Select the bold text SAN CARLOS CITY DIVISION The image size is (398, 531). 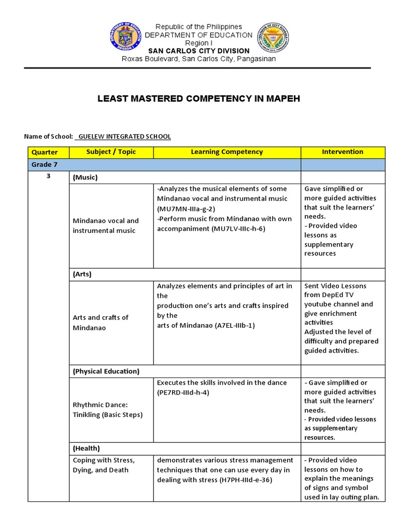click(x=198, y=51)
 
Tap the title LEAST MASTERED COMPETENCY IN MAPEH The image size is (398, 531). click(x=199, y=97)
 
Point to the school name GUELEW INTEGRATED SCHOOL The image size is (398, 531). click(x=123, y=136)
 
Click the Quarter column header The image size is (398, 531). click(x=45, y=152)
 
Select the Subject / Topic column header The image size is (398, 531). click(x=109, y=152)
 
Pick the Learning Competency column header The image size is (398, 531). click(x=226, y=152)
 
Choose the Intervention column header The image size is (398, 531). click(x=343, y=152)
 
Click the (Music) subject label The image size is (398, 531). click(x=86, y=177)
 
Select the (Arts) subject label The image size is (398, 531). click(x=82, y=274)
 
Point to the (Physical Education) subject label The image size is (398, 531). click(x=106, y=371)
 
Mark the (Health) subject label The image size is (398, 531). click(x=87, y=448)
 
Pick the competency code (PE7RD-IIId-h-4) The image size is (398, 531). click(x=184, y=393)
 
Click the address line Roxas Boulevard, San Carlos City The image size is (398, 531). click(x=198, y=59)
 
